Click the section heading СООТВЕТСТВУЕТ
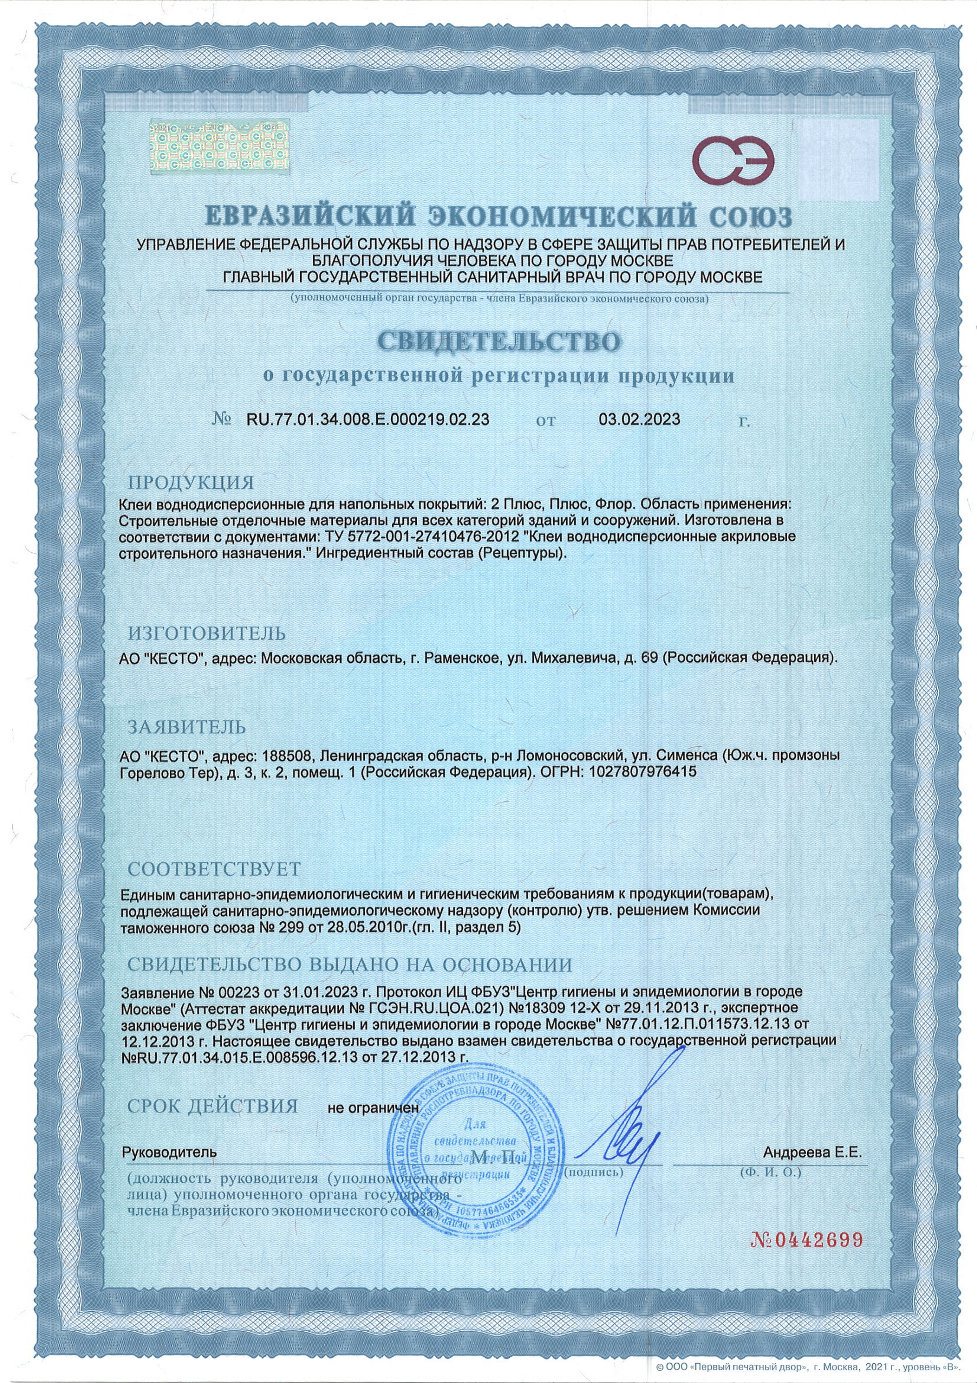[213, 869]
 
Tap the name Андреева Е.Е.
[813, 1152]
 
